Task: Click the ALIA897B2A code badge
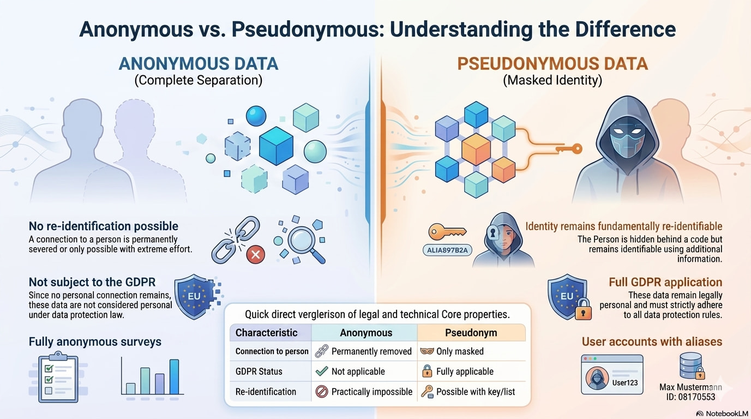(x=447, y=250)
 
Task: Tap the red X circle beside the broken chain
(x=255, y=255)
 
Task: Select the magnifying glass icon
(x=305, y=243)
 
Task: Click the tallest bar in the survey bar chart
(x=174, y=377)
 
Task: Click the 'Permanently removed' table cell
(x=364, y=351)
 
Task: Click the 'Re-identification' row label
(x=266, y=392)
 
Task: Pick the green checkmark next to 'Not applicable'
(x=322, y=371)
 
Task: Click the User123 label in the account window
(x=625, y=383)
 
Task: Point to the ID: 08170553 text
(x=690, y=397)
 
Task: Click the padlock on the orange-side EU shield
(x=584, y=310)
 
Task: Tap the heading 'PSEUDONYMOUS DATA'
(x=552, y=64)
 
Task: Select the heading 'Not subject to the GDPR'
(x=92, y=282)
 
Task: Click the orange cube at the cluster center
(x=476, y=149)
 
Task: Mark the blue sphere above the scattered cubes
(x=256, y=116)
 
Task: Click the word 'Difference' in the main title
(x=626, y=29)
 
